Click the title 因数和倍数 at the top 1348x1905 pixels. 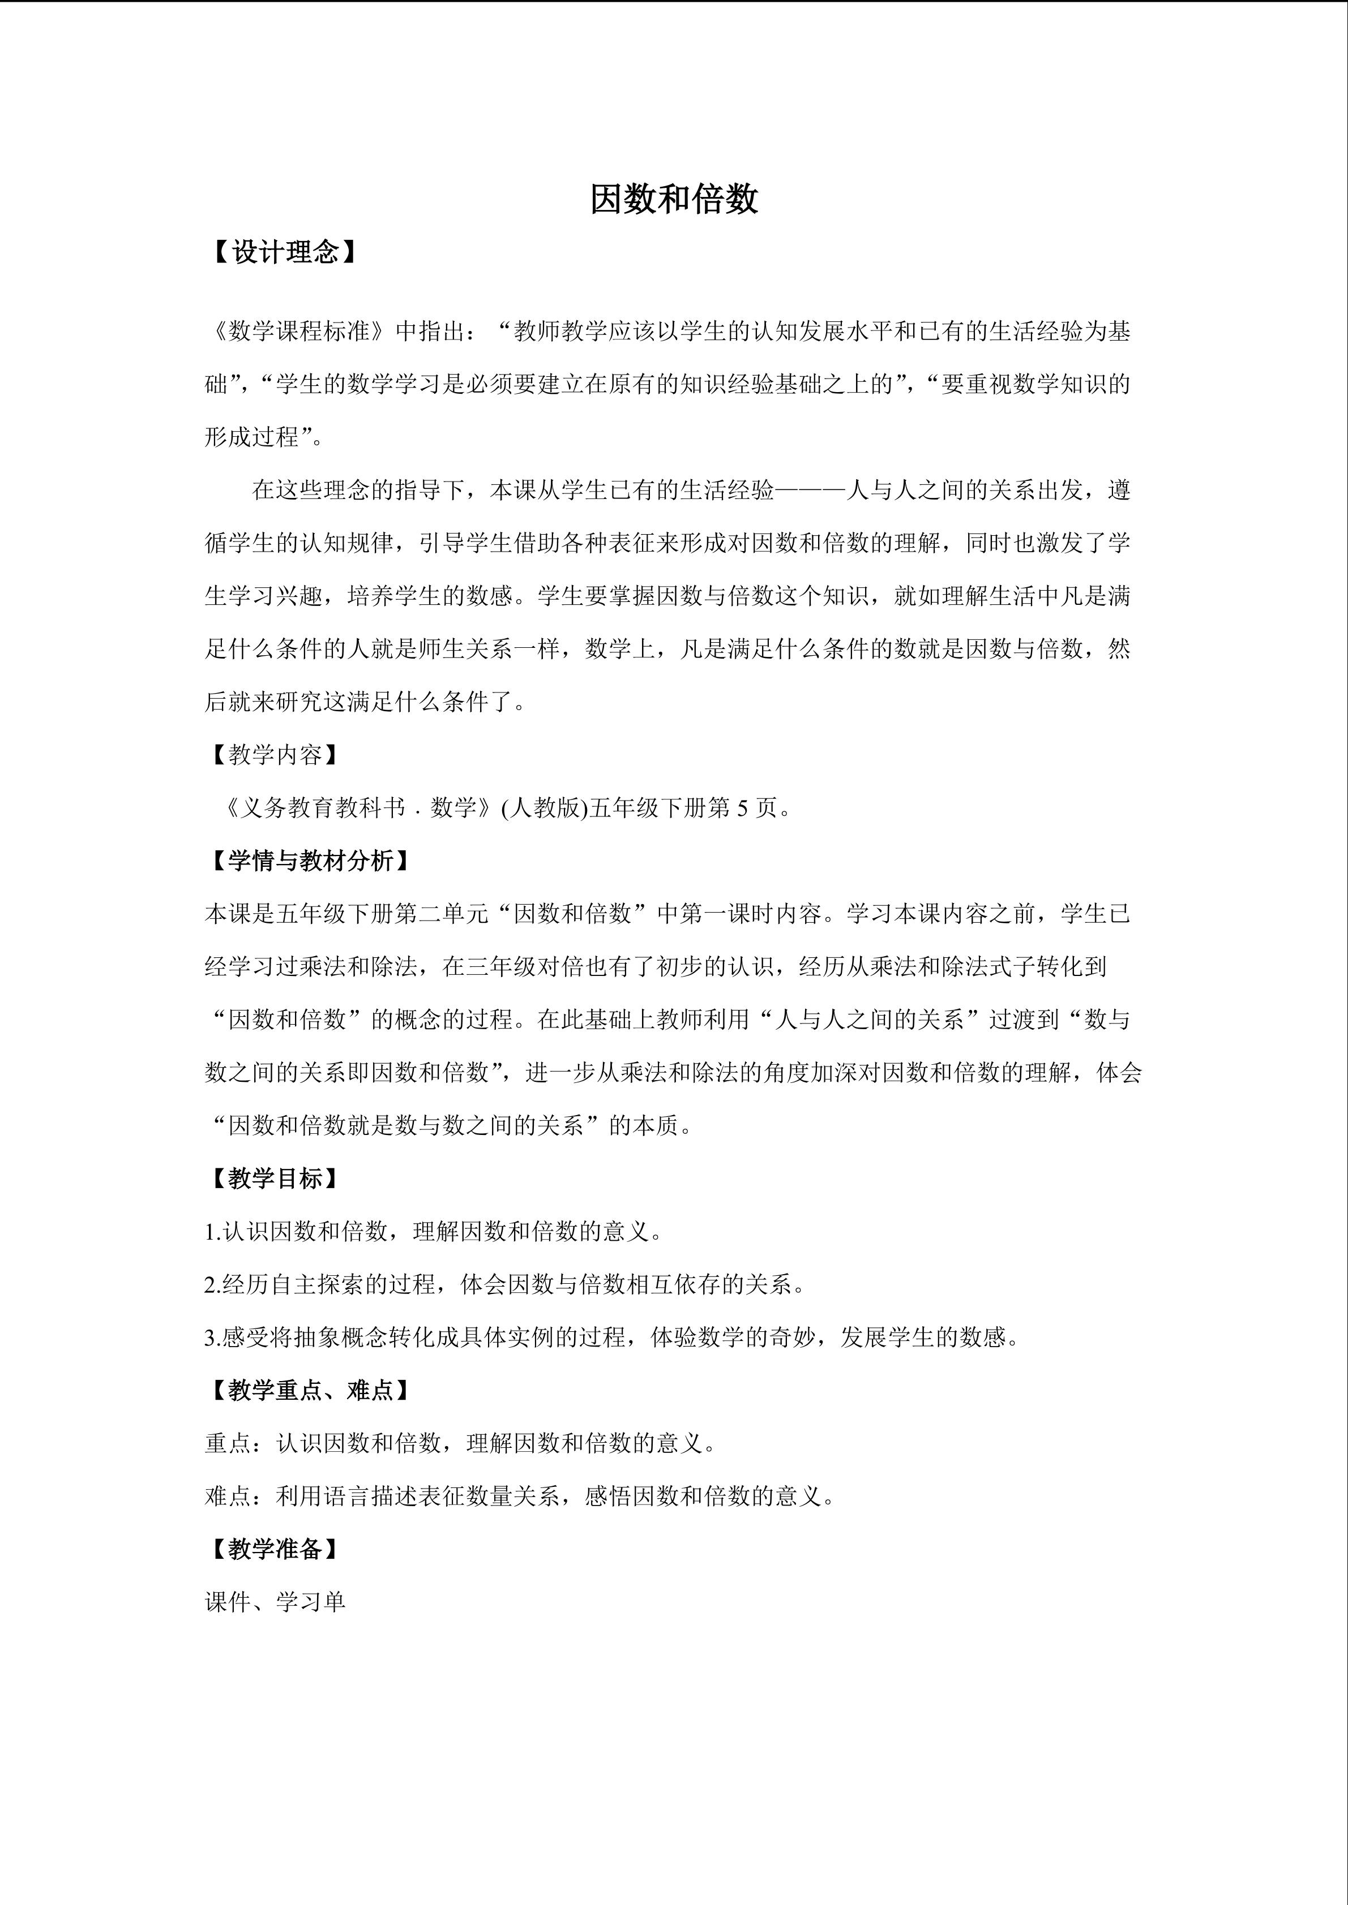[674, 200]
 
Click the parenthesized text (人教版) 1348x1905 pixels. [545, 807]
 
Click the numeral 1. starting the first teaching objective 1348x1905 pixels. [212, 1232]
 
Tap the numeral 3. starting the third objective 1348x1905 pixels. [212, 1338]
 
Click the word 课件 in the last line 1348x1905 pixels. [228, 1602]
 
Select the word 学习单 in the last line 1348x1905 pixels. [310, 1602]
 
